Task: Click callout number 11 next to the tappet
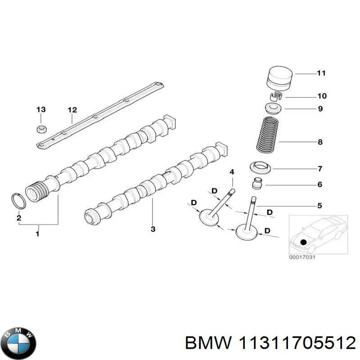[321, 73]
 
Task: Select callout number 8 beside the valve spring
[320, 143]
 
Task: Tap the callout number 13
[41, 110]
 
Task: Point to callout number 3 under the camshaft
[153, 229]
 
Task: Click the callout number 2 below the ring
[19, 218]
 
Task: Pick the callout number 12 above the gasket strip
[72, 110]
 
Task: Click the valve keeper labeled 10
[277, 96]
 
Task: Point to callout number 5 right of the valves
[320, 206]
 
